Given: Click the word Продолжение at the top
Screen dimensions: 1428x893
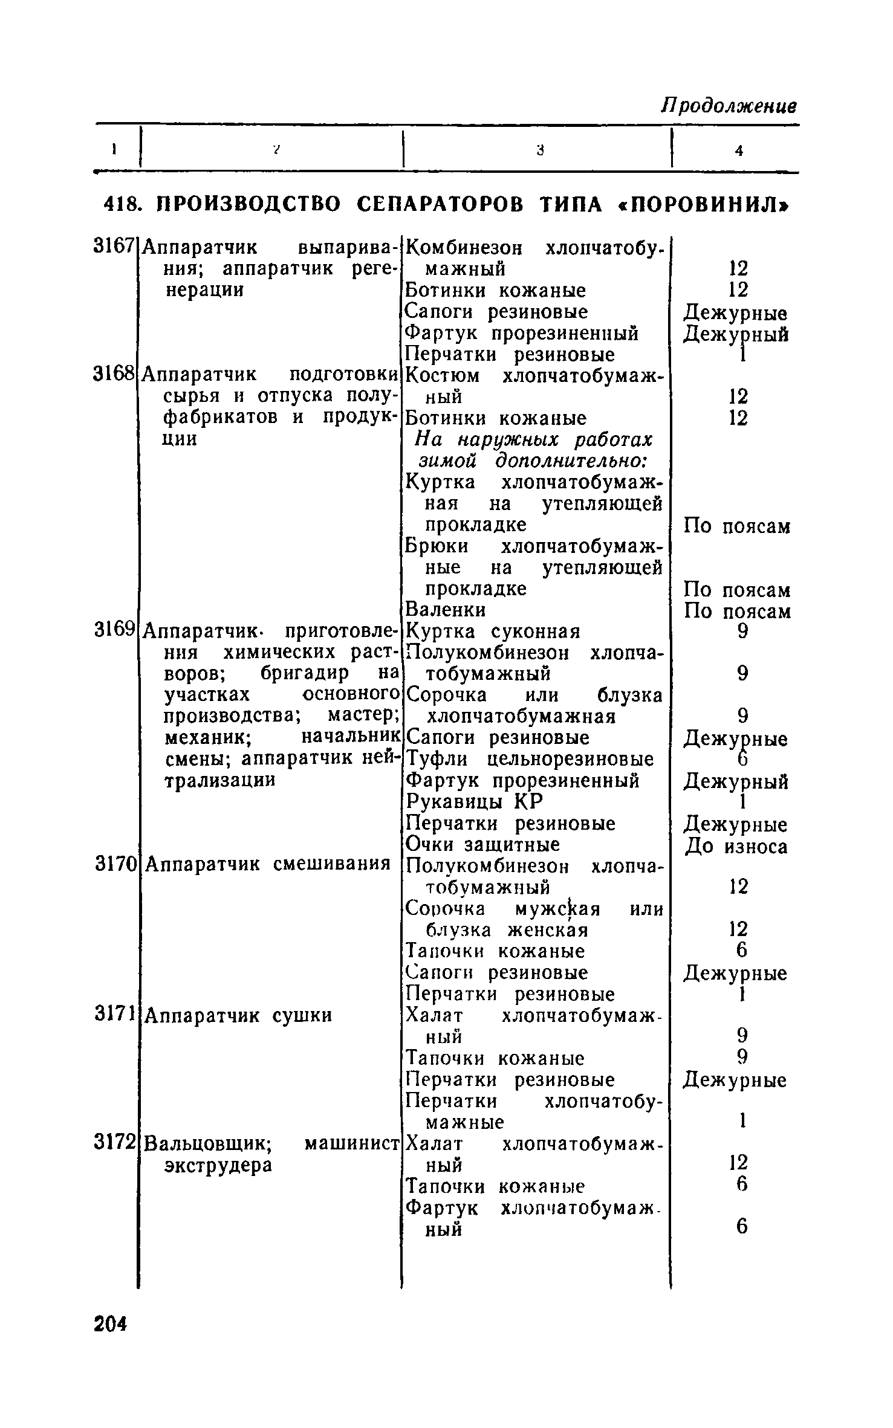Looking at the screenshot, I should [729, 106].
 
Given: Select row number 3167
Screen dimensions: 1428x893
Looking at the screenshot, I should [113, 246].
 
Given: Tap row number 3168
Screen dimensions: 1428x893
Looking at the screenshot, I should [113, 374].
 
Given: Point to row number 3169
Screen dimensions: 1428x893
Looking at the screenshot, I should [114, 630].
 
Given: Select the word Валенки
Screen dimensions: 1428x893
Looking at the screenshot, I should [445, 609].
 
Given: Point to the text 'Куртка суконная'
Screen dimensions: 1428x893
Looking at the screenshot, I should [493, 632].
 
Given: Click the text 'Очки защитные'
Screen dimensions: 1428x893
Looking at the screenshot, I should [482, 844].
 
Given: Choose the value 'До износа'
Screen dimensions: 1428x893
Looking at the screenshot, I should [736, 847].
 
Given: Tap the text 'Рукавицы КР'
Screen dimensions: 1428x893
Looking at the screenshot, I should [474, 801].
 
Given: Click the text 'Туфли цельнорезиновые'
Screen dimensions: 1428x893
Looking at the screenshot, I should [530, 759].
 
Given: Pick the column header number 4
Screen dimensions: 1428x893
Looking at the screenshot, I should [739, 151].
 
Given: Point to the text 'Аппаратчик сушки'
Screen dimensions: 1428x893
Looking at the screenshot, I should [239, 1015].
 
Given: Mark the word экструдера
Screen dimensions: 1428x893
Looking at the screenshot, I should [218, 1165].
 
